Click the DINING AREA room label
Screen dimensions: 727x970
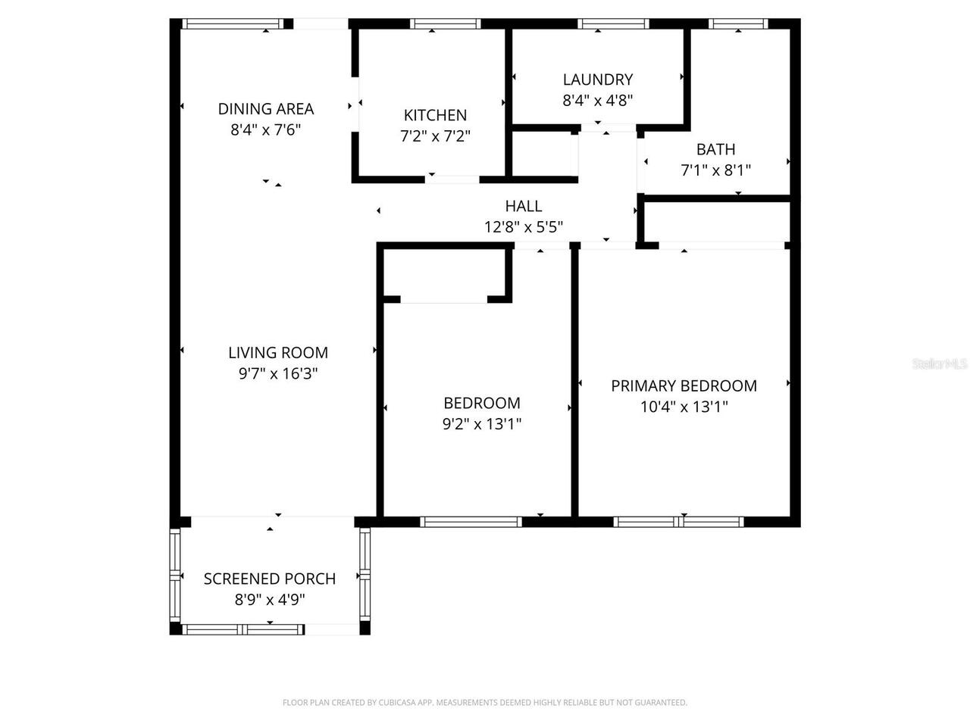tap(265, 109)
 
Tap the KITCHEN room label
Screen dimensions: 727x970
tap(435, 115)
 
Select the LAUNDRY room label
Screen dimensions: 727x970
tap(597, 80)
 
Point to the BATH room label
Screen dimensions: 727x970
tap(715, 149)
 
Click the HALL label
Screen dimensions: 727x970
tap(523, 206)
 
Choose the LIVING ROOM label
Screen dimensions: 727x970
tap(278, 352)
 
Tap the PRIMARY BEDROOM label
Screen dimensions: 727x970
tap(684, 385)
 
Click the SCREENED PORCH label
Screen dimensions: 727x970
tap(270, 579)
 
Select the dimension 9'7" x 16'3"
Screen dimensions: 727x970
tap(278, 373)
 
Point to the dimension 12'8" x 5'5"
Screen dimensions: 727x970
tap(523, 227)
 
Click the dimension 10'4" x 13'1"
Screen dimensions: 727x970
tap(684, 407)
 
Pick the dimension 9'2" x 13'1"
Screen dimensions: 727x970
tap(482, 424)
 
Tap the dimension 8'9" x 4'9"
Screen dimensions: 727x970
tap(270, 600)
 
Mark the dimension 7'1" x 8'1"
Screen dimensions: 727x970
tap(715, 170)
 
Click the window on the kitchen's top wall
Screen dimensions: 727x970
tap(445, 24)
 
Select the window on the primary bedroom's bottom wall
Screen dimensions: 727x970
tap(678, 521)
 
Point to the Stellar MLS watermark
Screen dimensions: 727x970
tap(940, 364)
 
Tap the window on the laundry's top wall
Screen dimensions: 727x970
tap(613, 24)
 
